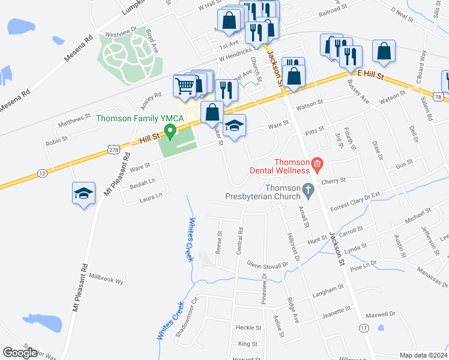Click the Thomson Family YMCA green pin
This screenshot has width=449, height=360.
(x=170, y=131)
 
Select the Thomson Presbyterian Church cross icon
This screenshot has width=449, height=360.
(x=308, y=190)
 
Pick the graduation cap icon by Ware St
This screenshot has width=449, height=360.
(x=235, y=125)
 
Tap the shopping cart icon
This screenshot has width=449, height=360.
(x=184, y=86)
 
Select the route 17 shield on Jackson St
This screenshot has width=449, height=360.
(x=364, y=328)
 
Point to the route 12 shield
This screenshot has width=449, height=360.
(x=41, y=173)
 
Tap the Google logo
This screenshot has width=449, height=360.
(x=20, y=352)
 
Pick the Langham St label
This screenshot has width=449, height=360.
(x=327, y=294)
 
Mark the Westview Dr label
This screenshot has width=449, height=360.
(x=121, y=28)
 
